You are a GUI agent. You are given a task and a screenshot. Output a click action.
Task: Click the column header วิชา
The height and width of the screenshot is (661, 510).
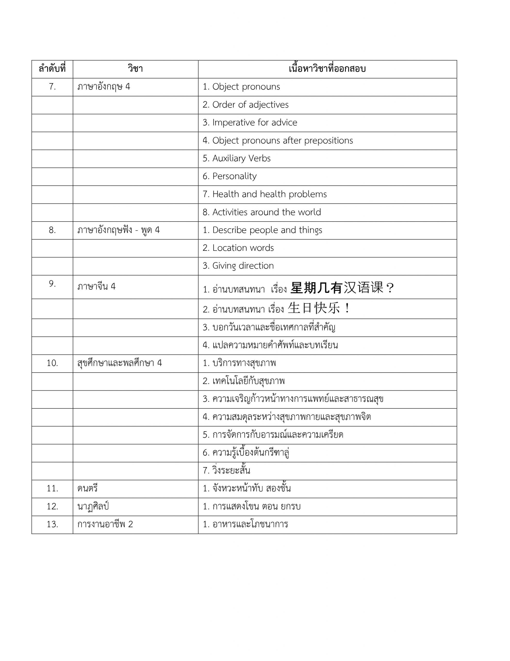[x=135, y=69]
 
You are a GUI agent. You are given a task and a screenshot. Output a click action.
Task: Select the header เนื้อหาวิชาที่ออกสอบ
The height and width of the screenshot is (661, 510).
[x=327, y=69]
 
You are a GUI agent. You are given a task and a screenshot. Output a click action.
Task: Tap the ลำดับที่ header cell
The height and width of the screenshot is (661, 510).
[x=52, y=69]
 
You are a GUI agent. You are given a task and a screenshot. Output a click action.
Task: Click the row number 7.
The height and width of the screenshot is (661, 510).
[x=52, y=87]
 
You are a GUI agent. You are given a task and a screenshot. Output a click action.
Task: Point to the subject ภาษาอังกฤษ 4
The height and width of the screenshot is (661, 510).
[x=104, y=87]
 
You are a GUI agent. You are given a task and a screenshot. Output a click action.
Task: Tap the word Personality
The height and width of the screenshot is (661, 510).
[x=234, y=176]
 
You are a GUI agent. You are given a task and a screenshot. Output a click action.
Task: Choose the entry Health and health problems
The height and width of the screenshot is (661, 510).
[x=269, y=194]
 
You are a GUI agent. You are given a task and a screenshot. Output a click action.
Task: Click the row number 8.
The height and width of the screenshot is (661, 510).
[x=52, y=230]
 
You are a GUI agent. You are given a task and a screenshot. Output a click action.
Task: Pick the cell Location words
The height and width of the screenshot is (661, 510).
[x=243, y=248]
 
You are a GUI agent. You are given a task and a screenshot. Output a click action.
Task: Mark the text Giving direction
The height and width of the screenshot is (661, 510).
[x=243, y=266]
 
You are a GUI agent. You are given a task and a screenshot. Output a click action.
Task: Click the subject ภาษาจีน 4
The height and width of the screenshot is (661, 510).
[x=96, y=286]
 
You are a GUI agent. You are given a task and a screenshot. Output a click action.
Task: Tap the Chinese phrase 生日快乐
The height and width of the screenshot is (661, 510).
[x=314, y=308]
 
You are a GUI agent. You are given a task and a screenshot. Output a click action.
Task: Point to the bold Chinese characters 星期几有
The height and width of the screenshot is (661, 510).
[x=316, y=288]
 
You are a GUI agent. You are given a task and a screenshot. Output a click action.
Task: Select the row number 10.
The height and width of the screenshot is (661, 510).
[x=52, y=363]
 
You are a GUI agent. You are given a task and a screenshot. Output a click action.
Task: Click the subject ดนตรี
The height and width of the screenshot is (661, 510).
[x=87, y=489]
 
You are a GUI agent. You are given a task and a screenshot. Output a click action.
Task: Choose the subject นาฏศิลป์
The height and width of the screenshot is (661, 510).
[x=93, y=506]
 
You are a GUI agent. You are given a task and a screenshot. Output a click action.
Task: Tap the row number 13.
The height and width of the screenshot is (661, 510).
[x=52, y=524]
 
